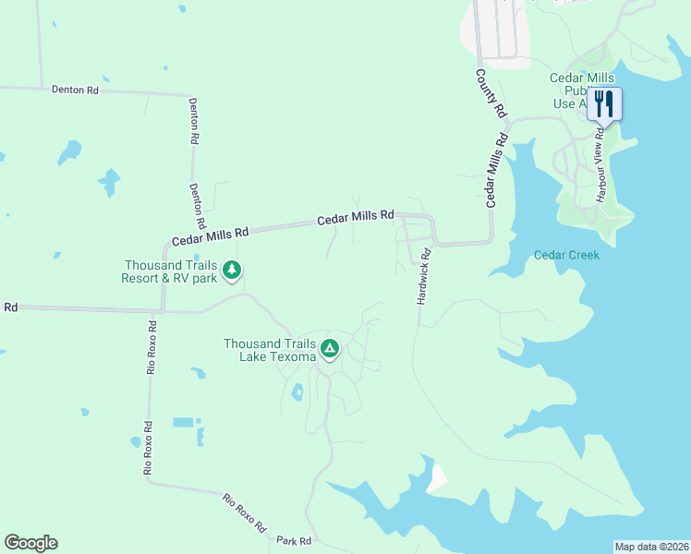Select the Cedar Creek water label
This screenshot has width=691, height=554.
pyautogui.click(x=566, y=255)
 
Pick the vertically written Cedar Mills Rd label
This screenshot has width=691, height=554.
pyautogui.click(x=496, y=171)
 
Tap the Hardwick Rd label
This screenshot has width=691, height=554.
pyautogui.click(x=424, y=276)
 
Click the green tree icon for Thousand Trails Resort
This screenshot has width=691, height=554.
pyautogui.click(x=232, y=271)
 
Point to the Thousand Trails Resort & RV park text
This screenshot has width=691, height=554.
pyautogui.click(x=172, y=271)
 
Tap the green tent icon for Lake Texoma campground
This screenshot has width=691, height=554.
pyautogui.click(x=330, y=349)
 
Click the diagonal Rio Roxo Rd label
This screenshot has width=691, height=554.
pyautogui.click(x=245, y=514)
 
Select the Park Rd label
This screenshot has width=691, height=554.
pyautogui.click(x=294, y=540)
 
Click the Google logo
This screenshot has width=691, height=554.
pyautogui.click(x=30, y=543)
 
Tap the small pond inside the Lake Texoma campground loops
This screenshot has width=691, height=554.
pyautogui.click(x=297, y=392)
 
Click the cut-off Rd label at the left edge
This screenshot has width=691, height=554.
pyautogui.click(x=10, y=307)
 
